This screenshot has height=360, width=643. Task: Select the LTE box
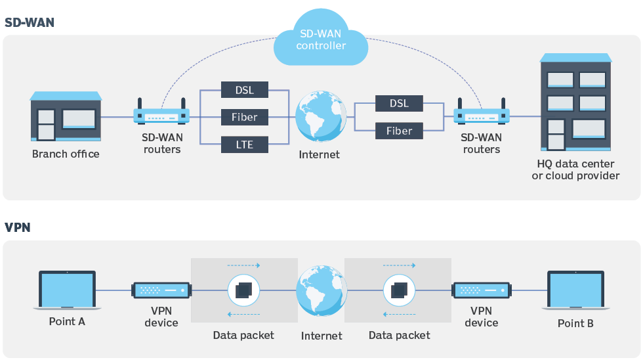[244, 145]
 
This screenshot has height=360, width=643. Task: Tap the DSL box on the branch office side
[244, 89]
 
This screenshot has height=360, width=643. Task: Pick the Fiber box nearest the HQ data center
[399, 131]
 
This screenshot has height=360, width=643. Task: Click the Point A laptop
[68, 291]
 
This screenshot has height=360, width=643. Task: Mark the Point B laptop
[575, 291]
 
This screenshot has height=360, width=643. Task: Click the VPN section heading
[18, 227]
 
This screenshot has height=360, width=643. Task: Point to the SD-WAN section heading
[30, 22]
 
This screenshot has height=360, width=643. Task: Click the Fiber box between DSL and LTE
[244, 117]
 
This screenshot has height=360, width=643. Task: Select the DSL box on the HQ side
[399, 103]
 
